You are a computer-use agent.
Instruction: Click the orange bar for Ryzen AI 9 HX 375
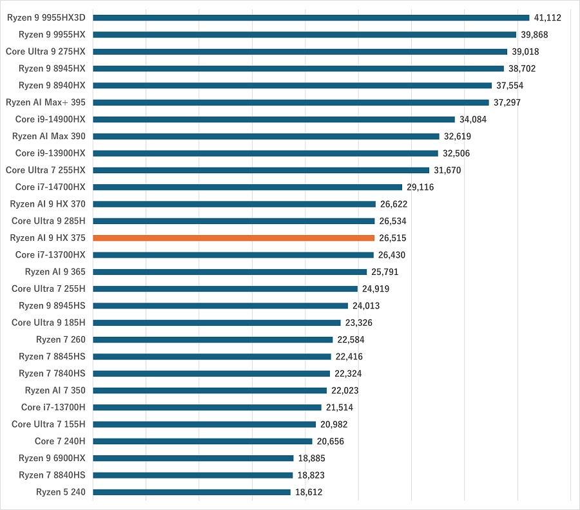tap(234, 238)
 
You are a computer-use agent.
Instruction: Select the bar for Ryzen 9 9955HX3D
tap(311, 17)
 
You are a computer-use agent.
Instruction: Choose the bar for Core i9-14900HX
tap(274, 119)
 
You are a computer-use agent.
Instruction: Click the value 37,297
tap(507, 102)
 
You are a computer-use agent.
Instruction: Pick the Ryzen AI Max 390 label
tap(49, 136)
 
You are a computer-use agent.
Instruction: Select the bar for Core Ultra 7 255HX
tap(261, 170)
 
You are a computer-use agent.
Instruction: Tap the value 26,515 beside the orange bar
tap(392, 238)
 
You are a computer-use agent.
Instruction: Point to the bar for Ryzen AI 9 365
tap(230, 272)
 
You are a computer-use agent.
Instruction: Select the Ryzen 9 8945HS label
tap(52, 306)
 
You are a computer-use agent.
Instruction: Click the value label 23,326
tap(359, 323)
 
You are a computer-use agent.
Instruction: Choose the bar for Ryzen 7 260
tap(213, 339)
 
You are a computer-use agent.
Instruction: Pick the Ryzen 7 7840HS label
tap(52, 373)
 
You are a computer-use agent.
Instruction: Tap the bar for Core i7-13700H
tap(208, 407)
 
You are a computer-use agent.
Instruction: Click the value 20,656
tap(331, 441)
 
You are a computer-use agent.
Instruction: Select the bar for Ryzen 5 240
tap(192, 492)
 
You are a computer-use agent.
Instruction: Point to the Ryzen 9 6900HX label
tap(52, 458)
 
